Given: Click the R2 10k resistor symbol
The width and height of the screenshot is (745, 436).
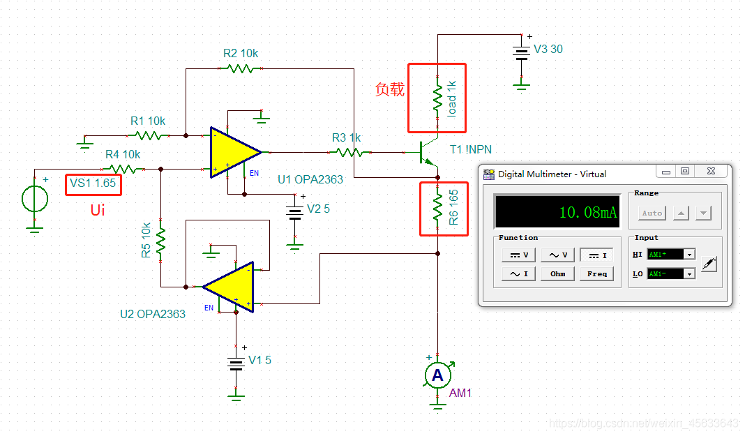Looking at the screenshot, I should tap(240, 68).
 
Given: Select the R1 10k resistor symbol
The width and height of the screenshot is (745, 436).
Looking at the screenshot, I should tap(148, 135).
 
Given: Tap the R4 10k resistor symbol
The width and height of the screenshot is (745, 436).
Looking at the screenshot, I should tap(123, 169).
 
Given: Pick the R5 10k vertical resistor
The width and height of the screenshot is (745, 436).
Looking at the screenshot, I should tap(160, 241).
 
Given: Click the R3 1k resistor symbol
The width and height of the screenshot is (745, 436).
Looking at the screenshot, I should tap(347, 152).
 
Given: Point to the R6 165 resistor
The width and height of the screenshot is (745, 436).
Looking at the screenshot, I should tap(438, 206).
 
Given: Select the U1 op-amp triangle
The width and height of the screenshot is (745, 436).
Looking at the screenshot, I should tap(233, 151).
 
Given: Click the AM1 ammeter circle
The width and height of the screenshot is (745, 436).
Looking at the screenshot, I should tap(437, 376).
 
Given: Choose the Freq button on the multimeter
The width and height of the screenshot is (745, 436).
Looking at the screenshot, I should tap(596, 273).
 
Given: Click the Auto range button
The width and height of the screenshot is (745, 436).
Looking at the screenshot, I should tap(652, 213).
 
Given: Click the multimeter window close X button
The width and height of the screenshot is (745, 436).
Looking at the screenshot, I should tap(709, 171).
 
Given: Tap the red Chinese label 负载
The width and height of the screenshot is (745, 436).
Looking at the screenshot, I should tap(389, 89).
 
